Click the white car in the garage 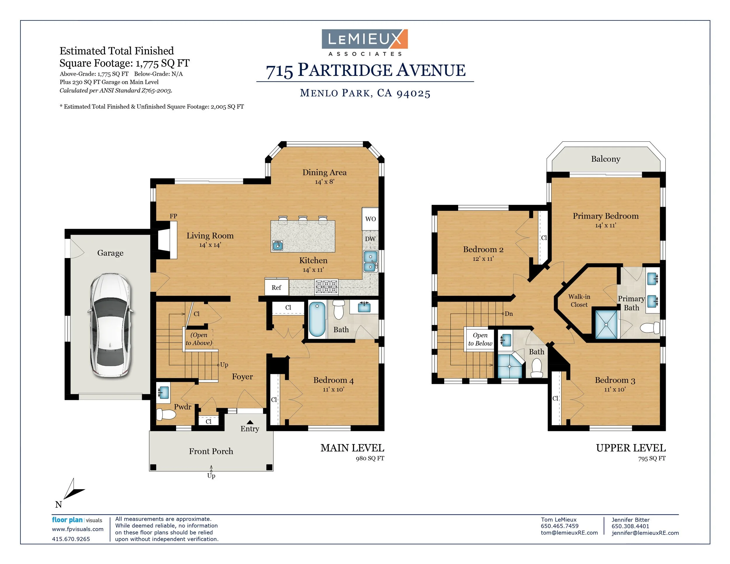[110, 326]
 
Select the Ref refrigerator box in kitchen [277, 287]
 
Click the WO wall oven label [370, 219]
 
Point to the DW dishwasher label [370, 239]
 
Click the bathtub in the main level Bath [317, 319]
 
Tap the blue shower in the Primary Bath [606, 325]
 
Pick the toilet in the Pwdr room [166, 414]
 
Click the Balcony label [606, 159]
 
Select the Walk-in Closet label [579, 300]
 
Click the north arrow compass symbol [73, 490]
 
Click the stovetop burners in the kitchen [326, 287]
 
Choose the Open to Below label [480, 339]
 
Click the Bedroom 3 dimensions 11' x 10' [615, 389]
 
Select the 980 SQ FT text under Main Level [370, 458]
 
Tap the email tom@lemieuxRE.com [569, 532]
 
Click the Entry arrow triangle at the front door [250, 422]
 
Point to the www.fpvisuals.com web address [78, 529]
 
